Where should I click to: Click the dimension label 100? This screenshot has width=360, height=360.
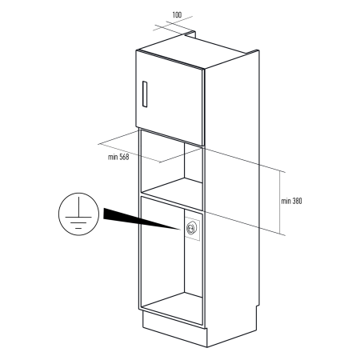tap(177, 14)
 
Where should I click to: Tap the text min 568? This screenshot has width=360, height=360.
tap(118, 157)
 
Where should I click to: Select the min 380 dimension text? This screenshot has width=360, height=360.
tap(291, 201)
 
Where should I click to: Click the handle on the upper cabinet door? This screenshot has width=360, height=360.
tap(145, 94)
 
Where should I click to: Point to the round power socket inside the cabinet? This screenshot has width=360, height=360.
tap(192, 228)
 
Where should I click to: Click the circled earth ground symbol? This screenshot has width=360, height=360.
tap(78, 214)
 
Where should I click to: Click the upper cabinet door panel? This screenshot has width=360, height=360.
tap(170, 98)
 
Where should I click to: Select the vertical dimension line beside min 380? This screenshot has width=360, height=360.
tap(280, 202)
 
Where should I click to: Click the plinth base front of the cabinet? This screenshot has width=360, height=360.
tap(174, 330)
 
